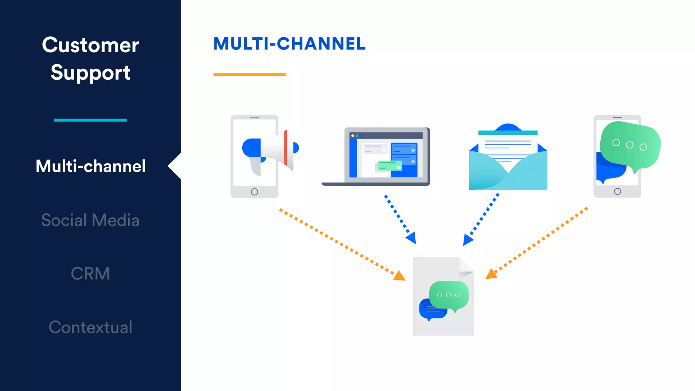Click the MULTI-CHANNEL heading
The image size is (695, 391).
pos(289,44)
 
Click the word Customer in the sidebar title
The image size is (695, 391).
pos(90,45)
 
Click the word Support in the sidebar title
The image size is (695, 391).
pos(90,73)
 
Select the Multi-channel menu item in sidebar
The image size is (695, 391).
pos(91,166)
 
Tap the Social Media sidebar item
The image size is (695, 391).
pos(90,220)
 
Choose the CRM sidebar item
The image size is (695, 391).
pos(90,274)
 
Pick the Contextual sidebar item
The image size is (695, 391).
pos(90,327)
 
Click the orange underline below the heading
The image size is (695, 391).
pos(249,74)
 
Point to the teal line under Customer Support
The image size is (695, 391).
pos(90,120)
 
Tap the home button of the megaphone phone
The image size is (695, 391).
pos(254,192)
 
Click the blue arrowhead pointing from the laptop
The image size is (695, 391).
pos(412,238)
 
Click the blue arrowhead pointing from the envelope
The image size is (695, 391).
pos(467,240)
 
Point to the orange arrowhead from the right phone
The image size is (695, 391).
pos(491,274)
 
